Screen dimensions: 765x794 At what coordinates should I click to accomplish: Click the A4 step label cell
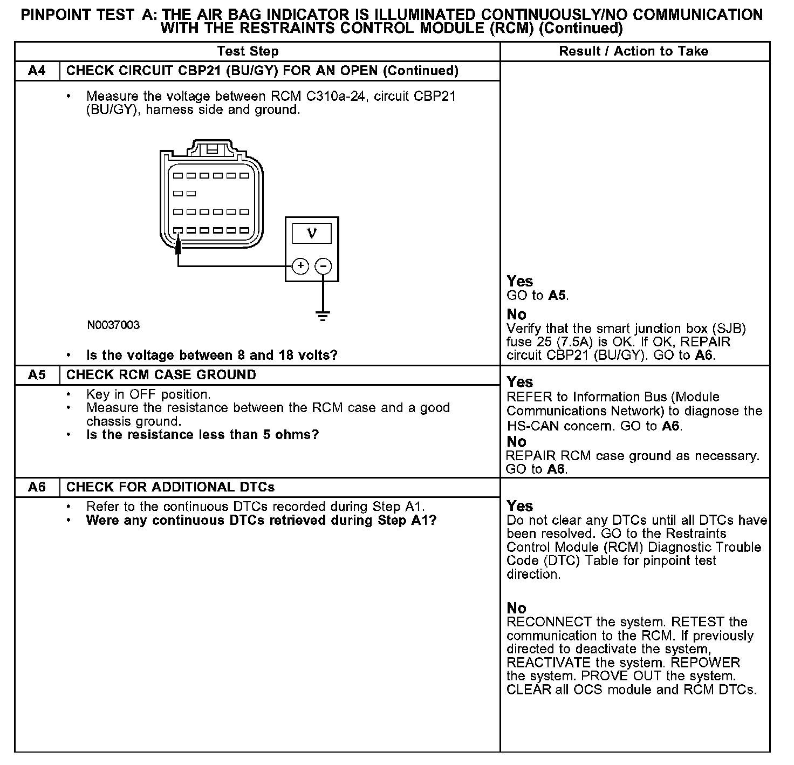[37, 71]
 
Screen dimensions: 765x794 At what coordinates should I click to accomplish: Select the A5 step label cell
[37, 375]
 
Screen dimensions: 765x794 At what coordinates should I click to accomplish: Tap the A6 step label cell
[37, 487]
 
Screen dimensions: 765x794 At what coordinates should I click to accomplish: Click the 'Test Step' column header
[248, 51]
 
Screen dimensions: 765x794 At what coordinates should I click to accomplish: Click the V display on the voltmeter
[312, 233]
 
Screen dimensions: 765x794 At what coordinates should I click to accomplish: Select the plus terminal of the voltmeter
[300, 266]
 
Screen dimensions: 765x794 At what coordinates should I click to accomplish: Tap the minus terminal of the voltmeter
[323, 266]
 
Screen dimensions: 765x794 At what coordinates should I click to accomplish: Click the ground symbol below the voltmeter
[323, 316]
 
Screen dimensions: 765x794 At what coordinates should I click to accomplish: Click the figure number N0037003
[113, 325]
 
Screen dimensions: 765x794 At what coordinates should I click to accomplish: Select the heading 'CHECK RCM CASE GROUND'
[161, 375]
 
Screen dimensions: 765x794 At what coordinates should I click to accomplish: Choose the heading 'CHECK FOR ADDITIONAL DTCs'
[170, 487]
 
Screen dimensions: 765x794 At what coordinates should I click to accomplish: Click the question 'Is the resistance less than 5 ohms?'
[202, 435]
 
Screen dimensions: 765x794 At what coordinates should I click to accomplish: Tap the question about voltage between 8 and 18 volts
[211, 355]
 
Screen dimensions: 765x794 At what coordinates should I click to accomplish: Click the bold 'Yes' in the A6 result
[519, 506]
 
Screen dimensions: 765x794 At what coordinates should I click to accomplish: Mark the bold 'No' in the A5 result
[516, 441]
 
